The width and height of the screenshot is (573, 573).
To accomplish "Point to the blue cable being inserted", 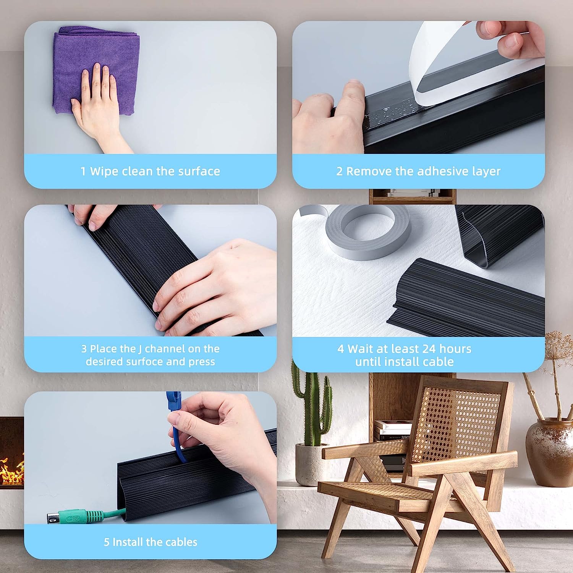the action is [176, 428].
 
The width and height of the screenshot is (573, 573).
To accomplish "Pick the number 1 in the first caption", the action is [83, 171].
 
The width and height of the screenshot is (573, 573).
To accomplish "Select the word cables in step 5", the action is [181, 542].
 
